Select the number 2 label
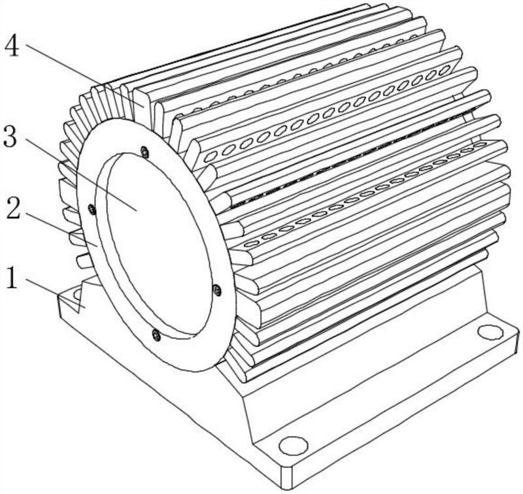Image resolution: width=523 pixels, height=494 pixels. click(13, 210)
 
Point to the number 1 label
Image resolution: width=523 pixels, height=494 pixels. click(12, 278)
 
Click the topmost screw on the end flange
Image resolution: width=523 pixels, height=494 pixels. click(144, 152)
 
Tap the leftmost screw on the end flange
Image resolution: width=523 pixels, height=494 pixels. click(92, 210)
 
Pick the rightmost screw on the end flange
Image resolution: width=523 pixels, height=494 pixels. click(217, 289)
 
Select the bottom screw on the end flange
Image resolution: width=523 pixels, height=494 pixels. click(156, 335)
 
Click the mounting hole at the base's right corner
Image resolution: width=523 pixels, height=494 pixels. click(490, 333)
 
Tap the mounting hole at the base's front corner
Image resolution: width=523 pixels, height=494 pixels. click(293, 446)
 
